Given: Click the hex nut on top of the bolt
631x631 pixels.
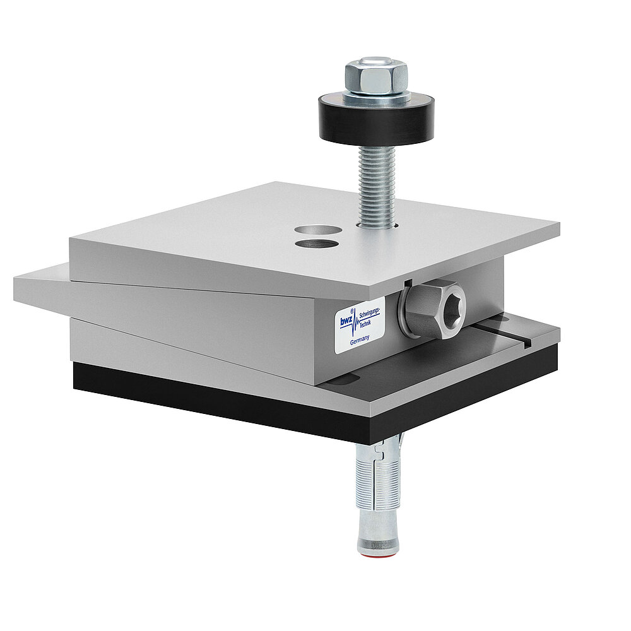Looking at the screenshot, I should click(375, 76).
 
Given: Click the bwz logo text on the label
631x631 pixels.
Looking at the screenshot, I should click(346, 321).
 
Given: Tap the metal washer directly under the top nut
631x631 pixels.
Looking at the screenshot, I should click(377, 96).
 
